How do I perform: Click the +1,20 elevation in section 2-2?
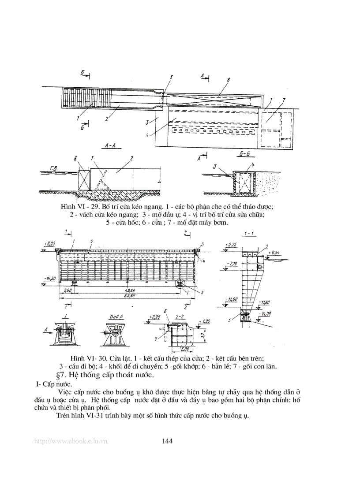click(206, 322)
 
